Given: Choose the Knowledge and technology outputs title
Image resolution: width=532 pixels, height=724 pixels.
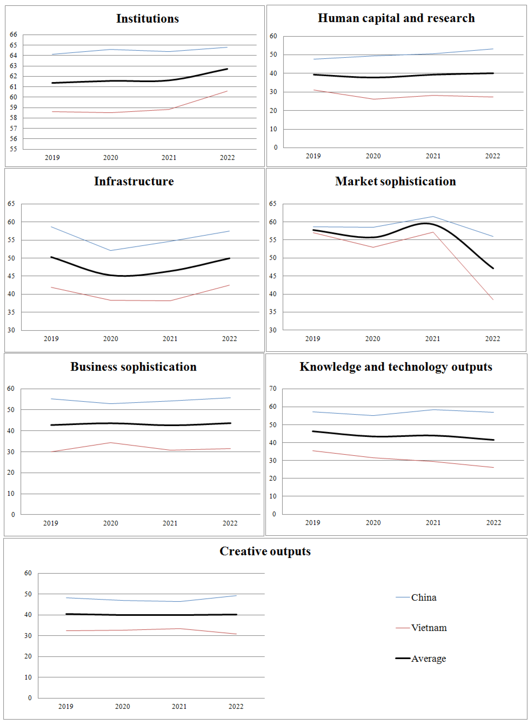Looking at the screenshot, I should click(x=396, y=367).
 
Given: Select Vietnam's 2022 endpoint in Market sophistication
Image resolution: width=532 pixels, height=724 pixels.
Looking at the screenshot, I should click(x=493, y=300).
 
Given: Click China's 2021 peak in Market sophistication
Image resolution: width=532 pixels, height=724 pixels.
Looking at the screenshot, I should click(x=433, y=216).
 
